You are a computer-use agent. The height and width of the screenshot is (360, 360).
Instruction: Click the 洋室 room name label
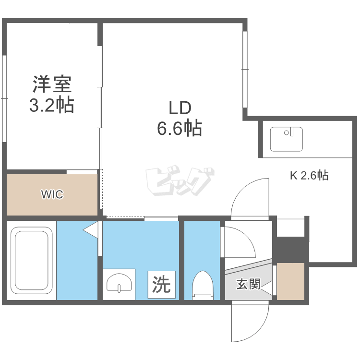coord(52,84)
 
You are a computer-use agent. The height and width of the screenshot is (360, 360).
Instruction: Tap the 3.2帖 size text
coord(52,105)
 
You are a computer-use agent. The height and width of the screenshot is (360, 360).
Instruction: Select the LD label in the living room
coord(180,108)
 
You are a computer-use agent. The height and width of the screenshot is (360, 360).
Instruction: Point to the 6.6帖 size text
coord(180,128)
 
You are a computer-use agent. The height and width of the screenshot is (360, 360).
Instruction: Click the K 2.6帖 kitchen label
coord(309,175)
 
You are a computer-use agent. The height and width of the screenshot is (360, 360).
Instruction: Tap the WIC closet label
coord(52,194)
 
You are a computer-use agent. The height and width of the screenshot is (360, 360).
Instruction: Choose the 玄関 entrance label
coord(248,284)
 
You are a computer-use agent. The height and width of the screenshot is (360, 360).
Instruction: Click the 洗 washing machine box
coord(162,285)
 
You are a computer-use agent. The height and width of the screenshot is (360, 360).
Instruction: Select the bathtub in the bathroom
coord(32,260)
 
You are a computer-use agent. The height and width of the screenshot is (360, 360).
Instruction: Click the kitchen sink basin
coord(286,139)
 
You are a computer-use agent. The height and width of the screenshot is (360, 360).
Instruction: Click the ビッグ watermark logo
coord(180,180)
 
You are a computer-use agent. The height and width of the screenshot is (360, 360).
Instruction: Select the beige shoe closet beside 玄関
coord(290,281)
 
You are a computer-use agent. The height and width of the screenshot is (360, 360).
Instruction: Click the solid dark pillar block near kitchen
coord(291,249)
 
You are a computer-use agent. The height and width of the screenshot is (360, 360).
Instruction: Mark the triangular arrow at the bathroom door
coord(91,229)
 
